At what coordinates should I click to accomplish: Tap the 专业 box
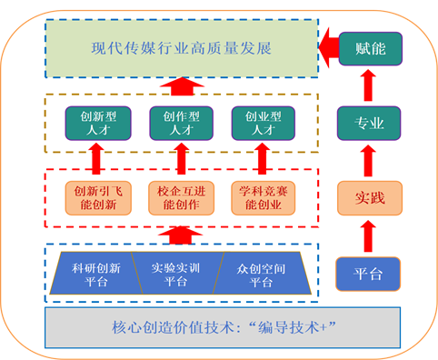coord(367,123)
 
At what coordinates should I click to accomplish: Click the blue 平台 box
coord(367,273)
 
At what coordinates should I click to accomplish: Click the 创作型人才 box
coord(179,123)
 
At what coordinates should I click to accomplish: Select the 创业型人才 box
coord(262,123)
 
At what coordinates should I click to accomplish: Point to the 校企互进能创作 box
coord(179,197)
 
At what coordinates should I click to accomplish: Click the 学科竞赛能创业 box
coord(262,197)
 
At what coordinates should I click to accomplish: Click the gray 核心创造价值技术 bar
coord(222,326)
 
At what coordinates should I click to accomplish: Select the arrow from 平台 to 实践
coord(367,235)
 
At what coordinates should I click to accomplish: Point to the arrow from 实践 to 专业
coord(367,160)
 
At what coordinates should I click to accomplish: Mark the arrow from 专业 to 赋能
coord(367,85)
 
